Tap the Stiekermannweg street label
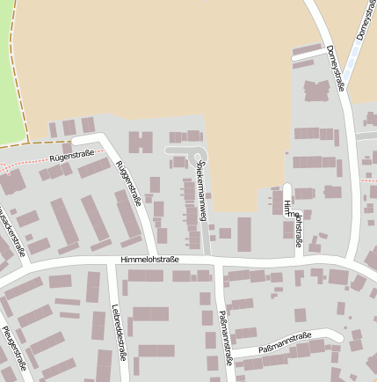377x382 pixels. tap(202, 188)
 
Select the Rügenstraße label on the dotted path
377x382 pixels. tap(72, 157)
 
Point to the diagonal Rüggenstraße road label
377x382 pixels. tap(128, 181)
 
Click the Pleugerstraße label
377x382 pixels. tap(14, 348)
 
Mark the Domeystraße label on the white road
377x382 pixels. tap(335, 70)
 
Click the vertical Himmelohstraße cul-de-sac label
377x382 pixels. tap(293, 222)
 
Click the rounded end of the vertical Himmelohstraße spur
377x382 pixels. tap(287, 187)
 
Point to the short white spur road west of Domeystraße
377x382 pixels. tap(308, 55)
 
